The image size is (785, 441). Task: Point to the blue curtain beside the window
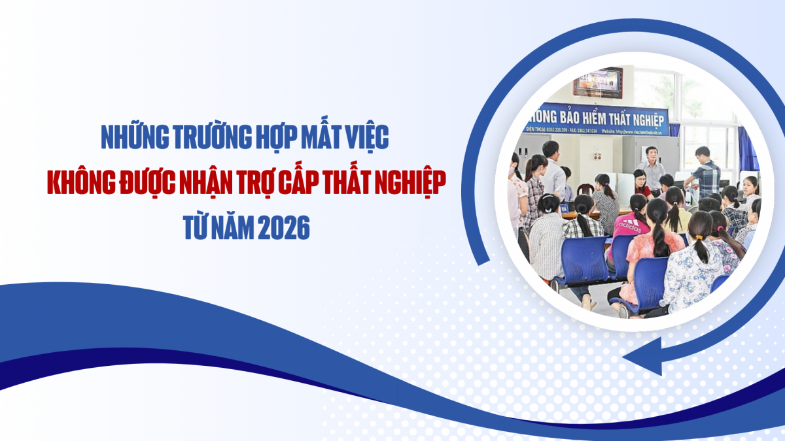coord(745,147)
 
